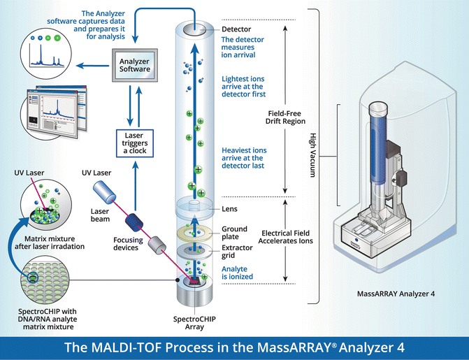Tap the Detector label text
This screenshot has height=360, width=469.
(236, 29)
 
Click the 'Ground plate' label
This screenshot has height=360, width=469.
(234, 233)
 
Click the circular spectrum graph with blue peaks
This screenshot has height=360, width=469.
(50, 55)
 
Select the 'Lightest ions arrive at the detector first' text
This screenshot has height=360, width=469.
(243, 87)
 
